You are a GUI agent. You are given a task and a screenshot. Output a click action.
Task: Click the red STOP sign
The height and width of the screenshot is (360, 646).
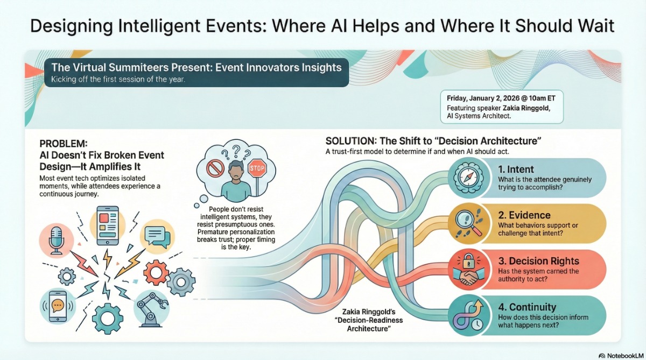coord(257,167)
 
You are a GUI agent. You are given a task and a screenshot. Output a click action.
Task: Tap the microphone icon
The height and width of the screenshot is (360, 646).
coord(56,241)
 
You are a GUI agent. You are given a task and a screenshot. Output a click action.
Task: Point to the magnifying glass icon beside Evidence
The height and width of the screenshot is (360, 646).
coord(468,223)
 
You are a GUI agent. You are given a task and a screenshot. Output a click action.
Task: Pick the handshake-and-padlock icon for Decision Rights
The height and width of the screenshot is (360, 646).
coord(468,269)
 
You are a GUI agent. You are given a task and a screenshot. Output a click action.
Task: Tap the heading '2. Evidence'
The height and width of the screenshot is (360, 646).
coord(524,215)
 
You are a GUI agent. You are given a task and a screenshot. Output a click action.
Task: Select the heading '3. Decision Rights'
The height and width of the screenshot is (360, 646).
coord(538,261)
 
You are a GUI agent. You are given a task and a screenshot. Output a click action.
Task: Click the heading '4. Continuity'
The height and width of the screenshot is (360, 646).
coord(527,307)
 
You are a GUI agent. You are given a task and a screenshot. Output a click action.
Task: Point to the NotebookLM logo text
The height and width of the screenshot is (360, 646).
coord(625,355)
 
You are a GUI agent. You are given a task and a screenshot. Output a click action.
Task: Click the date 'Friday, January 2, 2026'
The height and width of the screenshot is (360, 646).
coord(483,98)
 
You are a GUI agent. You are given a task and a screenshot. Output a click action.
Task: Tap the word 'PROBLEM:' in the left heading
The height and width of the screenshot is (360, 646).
coord(63,144)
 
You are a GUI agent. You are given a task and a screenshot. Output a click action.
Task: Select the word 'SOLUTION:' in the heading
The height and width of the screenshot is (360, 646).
coord(349,141)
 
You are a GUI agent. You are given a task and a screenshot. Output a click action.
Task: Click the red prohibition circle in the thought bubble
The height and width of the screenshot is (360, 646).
coord(215,168)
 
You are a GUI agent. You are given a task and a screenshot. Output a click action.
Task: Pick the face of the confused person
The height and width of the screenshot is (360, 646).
coord(236,172)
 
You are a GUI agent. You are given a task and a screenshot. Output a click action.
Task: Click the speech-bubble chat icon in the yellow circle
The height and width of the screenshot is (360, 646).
coord(157,237)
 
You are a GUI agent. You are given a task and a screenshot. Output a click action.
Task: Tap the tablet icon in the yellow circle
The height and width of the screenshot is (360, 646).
coord(107,225)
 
